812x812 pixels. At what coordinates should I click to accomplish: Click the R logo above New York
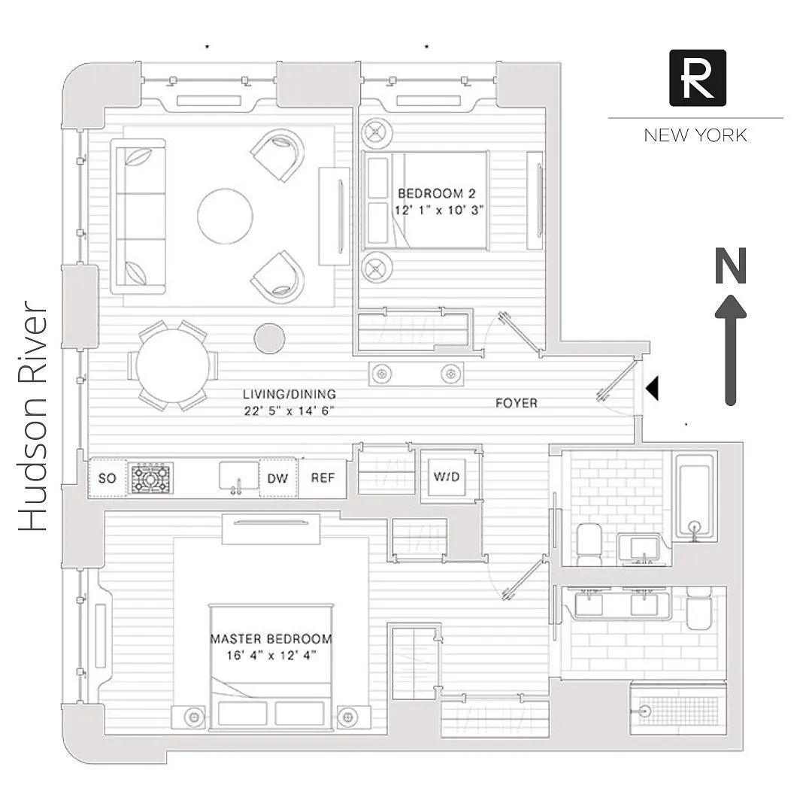698,77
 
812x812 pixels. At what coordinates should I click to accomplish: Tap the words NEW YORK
695,135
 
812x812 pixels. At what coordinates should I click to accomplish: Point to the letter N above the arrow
730,267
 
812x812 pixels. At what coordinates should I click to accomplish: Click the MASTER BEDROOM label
271,639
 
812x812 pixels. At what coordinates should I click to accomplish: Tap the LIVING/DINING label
289,394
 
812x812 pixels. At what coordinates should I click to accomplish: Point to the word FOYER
517,403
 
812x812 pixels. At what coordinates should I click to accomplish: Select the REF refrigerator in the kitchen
323,478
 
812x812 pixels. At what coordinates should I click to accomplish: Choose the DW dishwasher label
278,478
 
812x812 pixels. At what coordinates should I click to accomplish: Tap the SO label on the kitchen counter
108,478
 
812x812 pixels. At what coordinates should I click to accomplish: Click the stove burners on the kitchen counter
152,478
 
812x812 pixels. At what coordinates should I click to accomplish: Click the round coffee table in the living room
225,215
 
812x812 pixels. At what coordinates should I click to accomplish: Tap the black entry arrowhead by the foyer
653,387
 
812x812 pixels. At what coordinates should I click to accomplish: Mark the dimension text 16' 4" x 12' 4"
271,655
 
